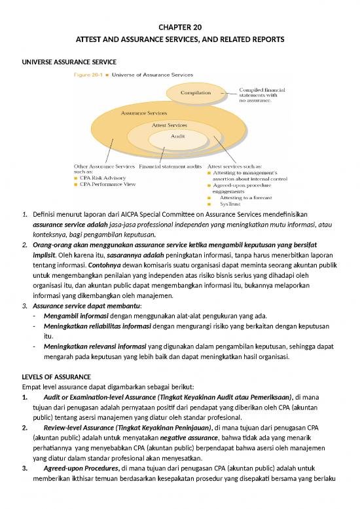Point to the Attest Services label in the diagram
[169, 124]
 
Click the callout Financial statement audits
[170, 166]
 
